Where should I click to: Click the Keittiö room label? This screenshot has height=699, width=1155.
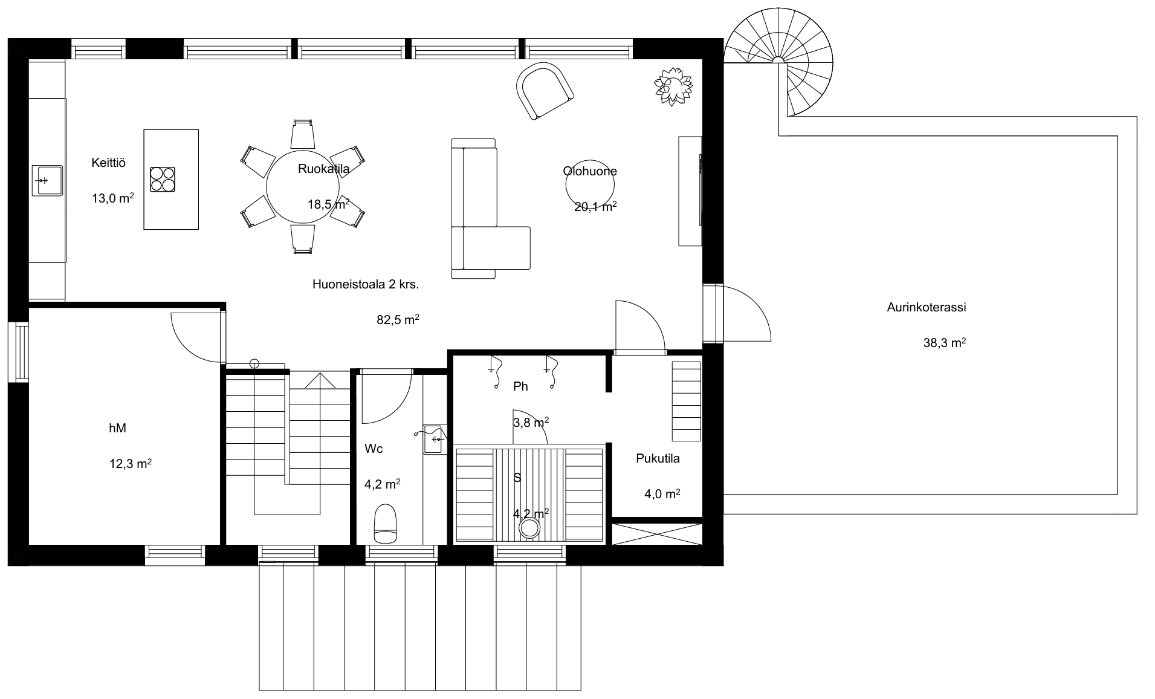[109, 163]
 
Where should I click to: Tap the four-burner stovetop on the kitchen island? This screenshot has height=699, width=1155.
[163, 180]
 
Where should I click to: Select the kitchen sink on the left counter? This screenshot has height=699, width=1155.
[48, 180]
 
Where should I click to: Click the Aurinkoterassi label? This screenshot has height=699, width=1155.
[926, 307]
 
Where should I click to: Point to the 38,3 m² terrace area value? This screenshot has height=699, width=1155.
[944, 343]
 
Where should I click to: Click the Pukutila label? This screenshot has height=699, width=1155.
[658, 458]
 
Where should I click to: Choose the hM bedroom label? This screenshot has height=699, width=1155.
[117, 428]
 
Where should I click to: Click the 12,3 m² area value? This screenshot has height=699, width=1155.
[130, 464]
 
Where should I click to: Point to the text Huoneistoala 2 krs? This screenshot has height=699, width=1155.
[366, 284]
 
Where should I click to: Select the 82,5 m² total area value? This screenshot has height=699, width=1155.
[398, 320]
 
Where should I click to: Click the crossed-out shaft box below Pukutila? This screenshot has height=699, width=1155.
[657, 534]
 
